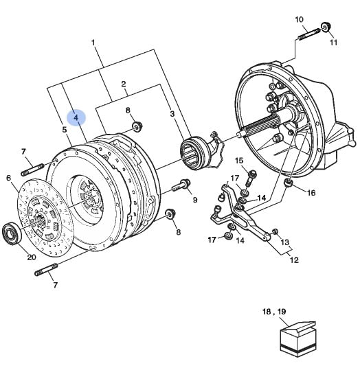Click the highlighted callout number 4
pyautogui.click(x=76, y=117)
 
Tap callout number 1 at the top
pyautogui.click(x=93, y=43)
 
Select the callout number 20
pyautogui.click(x=32, y=257)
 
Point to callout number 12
pyautogui.click(x=294, y=260)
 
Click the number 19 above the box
pyautogui.click(x=282, y=312)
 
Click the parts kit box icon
pyautogui.click(x=298, y=339)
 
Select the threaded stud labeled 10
pyautogui.click(x=309, y=34)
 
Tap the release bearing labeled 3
pyautogui.click(x=194, y=154)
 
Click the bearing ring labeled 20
pyautogui.click(x=12, y=233)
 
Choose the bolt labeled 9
pyautogui.click(x=181, y=185)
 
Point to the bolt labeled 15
pyautogui.click(x=251, y=177)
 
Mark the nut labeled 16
pyautogui.click(x=288, y=183)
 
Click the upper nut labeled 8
pyautogui.click(x=137, y=126)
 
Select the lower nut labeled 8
pyautogui.click(x=170, y=213)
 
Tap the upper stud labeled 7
pyautogui.click(x=33, y=170)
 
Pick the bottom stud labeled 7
pyautogui.click(x=46, y=270)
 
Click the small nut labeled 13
pyautogui.click(x=275, y=232)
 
